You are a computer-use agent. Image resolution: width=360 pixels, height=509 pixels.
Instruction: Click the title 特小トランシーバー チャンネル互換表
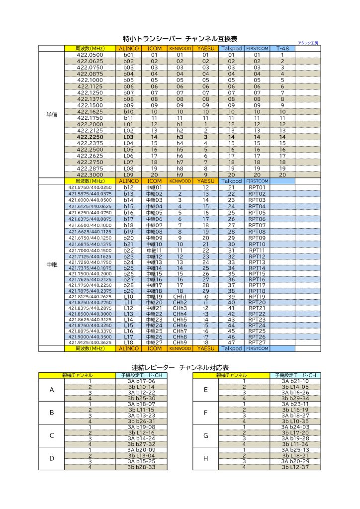tap(180, 38)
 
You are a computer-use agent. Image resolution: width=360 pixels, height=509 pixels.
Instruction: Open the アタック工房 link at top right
tap(308, 43)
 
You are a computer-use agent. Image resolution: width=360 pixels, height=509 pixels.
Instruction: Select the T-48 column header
tap(282, 49)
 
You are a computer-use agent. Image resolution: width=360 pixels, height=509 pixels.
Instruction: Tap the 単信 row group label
tap(52, 114)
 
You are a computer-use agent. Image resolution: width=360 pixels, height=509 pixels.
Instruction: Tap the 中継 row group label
tap(52, 265)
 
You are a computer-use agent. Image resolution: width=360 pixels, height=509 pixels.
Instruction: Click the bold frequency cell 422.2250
tap(90, 137)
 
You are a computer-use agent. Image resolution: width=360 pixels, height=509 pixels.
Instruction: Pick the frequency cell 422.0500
tap(90, 55)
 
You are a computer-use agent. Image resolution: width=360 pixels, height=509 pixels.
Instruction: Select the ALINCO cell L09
tap(129, 175)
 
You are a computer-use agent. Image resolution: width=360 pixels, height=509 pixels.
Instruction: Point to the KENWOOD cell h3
tap(180, 137)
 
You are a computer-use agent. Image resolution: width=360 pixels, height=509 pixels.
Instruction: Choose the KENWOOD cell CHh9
tap(180, 342)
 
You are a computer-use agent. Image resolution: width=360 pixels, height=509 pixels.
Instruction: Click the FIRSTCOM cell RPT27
tap(257, 342)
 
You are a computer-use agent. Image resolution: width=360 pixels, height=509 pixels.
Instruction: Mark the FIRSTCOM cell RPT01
tap(257, 187)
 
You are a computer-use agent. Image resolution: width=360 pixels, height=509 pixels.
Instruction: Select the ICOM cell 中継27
tap(154, 342)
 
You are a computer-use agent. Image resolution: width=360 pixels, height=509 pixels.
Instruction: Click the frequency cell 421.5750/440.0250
tap(90, 187)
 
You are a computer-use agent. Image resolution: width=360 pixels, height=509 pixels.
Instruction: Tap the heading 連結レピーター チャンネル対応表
tap(180, 367)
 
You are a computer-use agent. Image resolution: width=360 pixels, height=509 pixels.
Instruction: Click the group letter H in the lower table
tap(205, 458)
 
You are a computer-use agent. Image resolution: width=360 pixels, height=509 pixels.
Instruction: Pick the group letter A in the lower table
tap(52, 389)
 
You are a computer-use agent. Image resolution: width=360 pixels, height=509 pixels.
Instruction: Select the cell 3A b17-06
tap(141, 381)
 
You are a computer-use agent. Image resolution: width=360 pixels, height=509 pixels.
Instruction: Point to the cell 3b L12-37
tap(295, 467)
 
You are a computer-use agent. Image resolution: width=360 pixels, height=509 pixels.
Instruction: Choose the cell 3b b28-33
tap(141, 467)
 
